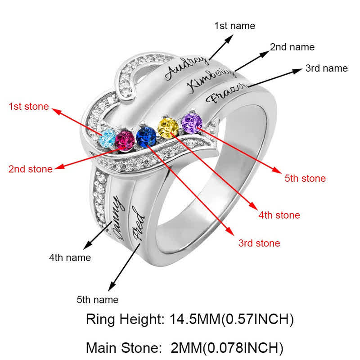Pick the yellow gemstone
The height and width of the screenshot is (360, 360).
pos(167,126)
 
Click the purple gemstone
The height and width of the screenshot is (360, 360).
pos(192,123)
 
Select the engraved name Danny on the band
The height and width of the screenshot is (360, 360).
pos(114,215)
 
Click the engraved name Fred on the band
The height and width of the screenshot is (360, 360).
pos(137,224)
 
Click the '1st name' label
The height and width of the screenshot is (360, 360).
pos(234,26)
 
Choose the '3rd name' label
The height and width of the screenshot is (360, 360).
pos(326,68)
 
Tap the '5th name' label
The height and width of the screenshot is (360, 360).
pos(98,299)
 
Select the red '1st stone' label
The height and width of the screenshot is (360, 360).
pos(28,107)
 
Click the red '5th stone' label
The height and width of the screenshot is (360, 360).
pos(305,179)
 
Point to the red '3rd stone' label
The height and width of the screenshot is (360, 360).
pos(259,243)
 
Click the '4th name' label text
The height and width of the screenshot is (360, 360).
pos(70,258)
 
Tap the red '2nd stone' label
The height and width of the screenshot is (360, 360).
pos(30,169)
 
